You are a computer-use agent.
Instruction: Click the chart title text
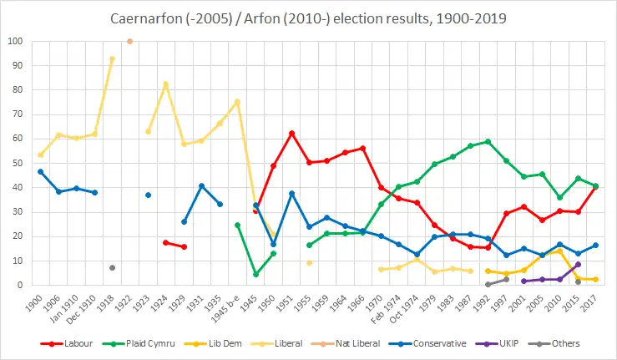point(308,17)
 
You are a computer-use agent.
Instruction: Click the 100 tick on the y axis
point(14,41)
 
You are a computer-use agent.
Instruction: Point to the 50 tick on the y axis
point(17,163)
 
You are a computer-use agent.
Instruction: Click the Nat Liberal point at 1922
point(129,41)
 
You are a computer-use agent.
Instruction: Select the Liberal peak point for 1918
point(112,58)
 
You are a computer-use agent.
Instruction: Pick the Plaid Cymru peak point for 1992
point(488,141)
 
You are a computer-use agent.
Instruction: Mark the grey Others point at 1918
point(112,267)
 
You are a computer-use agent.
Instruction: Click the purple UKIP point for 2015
point(578,264)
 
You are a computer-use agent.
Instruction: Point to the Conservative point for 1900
point(40,171)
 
